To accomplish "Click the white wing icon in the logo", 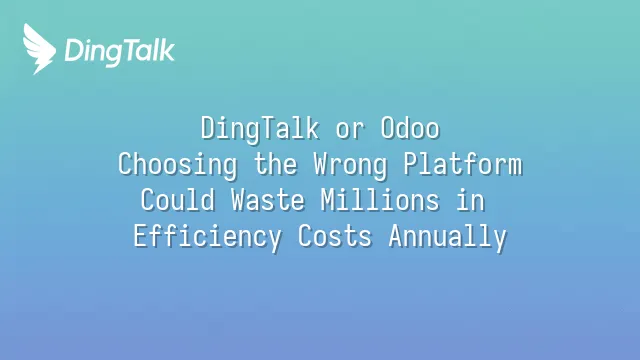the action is pos(39,49).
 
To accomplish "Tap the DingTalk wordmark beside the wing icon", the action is pos(120,51).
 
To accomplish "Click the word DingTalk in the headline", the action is pos(260,129).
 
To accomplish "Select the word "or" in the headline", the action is pos(350,130).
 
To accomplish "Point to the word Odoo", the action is pos(410,128).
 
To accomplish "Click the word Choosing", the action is pos(177,165).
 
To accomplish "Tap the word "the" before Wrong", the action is pos(276,164).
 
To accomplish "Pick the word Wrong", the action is pos(350,165).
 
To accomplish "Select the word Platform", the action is pos(463,164).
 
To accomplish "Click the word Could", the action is pos(178,200).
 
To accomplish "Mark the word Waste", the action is pos(268,200).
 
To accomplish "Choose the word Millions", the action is pos(380,200).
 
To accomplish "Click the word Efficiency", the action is pos(207,236).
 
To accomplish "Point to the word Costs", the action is pos(335,236).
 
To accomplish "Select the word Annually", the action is pos(447,237).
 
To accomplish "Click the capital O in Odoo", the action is pos(387,128).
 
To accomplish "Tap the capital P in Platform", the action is pos(411,164).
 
